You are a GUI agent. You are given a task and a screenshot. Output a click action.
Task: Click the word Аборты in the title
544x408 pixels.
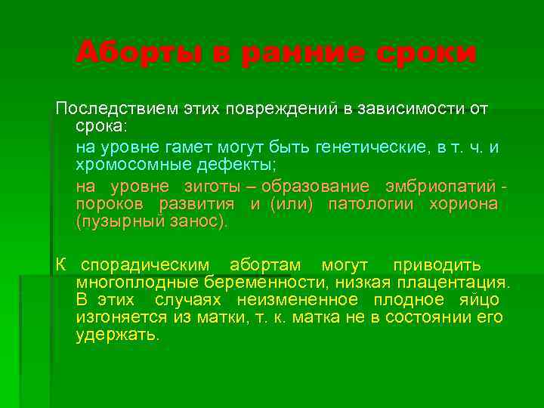tap(125, 53)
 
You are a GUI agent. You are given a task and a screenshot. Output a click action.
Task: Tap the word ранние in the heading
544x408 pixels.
tap(302, 53)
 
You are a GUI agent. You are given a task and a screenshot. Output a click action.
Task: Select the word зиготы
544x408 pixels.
tap(220, 186)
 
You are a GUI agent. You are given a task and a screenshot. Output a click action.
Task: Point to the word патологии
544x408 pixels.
tap(372, 205)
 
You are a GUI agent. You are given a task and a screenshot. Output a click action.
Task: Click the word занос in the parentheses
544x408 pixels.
tap(199, 223)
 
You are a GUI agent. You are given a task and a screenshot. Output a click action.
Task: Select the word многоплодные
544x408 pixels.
tap(137, 283)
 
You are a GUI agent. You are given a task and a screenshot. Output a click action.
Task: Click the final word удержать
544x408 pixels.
tap(117, 335)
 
